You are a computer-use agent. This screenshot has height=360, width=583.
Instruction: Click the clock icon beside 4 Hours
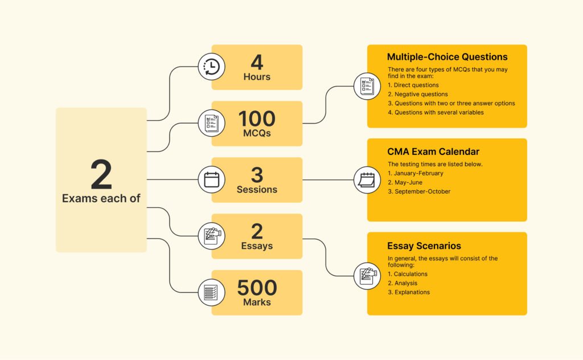[211, 67]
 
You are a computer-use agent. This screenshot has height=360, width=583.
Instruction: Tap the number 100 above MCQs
[257, 119]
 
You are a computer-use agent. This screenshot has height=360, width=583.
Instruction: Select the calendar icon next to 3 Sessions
[211, 179]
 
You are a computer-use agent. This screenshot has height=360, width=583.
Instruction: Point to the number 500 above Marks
[257, 288]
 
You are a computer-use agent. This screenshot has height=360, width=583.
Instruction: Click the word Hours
[257, 76]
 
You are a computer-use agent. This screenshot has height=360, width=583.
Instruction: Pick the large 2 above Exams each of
[101, 174]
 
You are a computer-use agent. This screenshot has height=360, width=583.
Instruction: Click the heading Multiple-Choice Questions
[447, 57]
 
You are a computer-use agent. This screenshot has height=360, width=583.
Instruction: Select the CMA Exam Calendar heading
[433, 152]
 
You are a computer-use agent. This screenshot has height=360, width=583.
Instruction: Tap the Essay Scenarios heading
[424, 246]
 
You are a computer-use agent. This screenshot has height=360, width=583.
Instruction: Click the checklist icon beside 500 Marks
[211, 292]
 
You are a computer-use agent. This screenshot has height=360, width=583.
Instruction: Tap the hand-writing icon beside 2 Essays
[211, 236]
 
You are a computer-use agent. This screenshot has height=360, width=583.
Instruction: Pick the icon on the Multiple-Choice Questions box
[367, 86]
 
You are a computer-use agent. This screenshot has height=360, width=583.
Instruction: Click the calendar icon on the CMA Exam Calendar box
[367, 180]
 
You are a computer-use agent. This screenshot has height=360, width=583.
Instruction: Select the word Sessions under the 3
[257, 190]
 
